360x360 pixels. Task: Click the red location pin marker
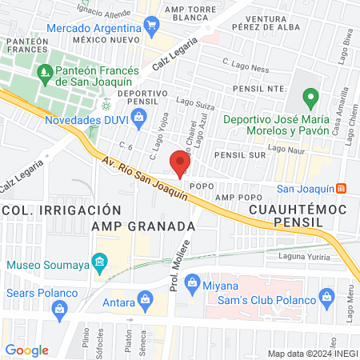click(181, 164)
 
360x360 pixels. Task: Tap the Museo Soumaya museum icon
click(99, 262)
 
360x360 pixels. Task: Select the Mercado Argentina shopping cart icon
click(151, 26)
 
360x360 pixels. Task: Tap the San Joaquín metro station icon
click(342, 189)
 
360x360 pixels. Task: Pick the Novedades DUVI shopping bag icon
click(139, 118)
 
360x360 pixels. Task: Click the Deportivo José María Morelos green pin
click(311, 100)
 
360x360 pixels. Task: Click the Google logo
click(26, 350)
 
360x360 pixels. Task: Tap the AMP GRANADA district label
click(143, 226)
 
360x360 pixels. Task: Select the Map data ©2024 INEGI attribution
click(312, 354)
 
